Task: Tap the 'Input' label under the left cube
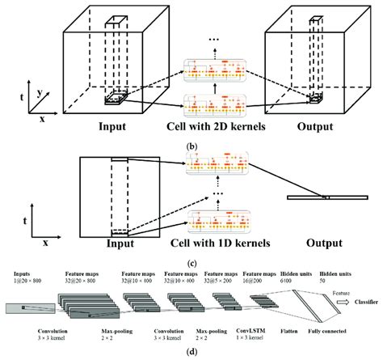click(112, 126)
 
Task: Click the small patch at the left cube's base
click(112, 100)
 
